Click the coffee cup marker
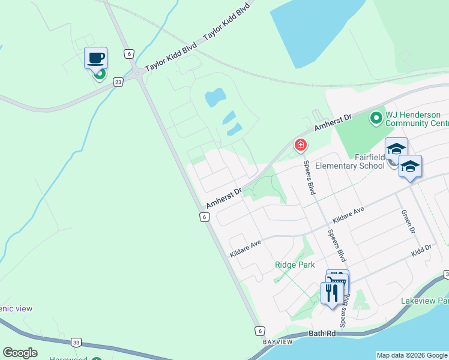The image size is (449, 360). [95, 58]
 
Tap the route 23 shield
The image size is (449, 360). [118, 82]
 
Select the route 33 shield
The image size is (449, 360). [76, 343]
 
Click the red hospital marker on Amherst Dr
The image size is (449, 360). [300, 145]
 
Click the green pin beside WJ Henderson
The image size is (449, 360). [376, 118]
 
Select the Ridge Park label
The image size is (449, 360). [295, 265]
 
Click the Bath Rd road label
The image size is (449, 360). [324, 333]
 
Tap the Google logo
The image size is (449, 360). [20, 353]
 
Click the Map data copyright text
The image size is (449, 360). [412, 355]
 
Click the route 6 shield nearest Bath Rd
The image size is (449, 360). [259, 331]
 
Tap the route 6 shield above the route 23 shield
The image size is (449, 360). [128, 53]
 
